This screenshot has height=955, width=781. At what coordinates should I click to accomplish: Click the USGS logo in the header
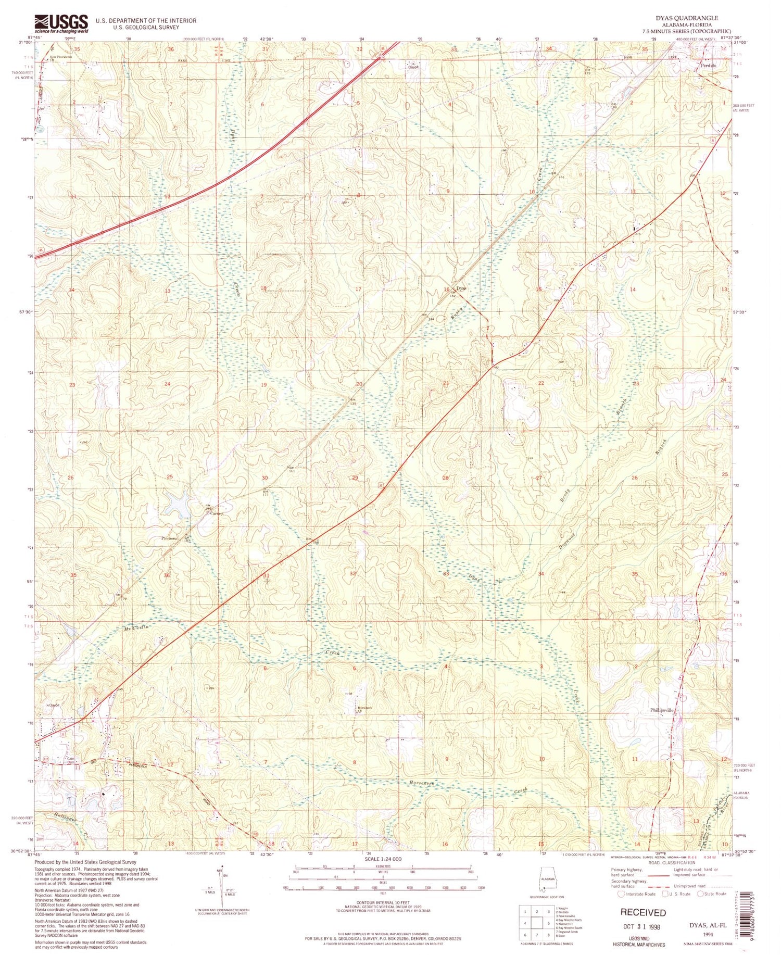coord(61,24)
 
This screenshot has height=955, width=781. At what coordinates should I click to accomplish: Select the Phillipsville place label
coord(662,710)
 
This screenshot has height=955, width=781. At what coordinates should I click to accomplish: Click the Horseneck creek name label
coord(422,783)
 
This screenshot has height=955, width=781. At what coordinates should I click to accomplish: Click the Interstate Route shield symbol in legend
coord(621,894)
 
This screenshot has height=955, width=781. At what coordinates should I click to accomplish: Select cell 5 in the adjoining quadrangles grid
coord(548,923)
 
